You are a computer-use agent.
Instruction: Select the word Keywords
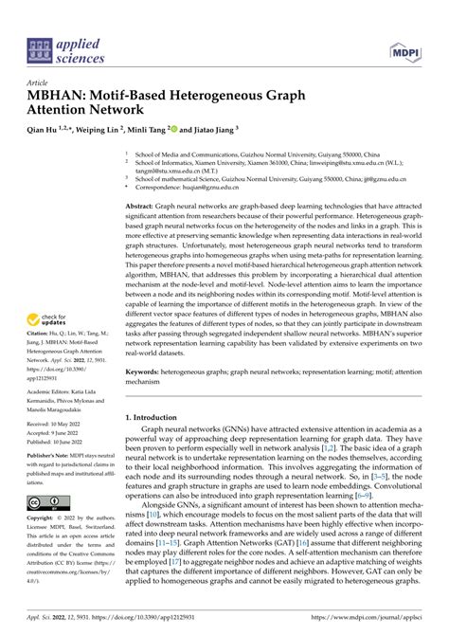pos(146,348)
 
